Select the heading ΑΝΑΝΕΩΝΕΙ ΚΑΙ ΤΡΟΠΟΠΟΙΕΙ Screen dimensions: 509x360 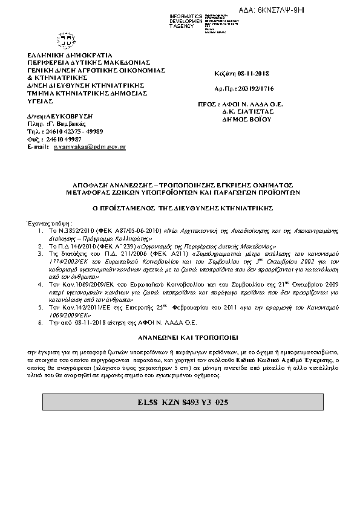pos(179,334)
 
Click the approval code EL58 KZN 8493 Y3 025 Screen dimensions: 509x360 pos(179,402)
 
